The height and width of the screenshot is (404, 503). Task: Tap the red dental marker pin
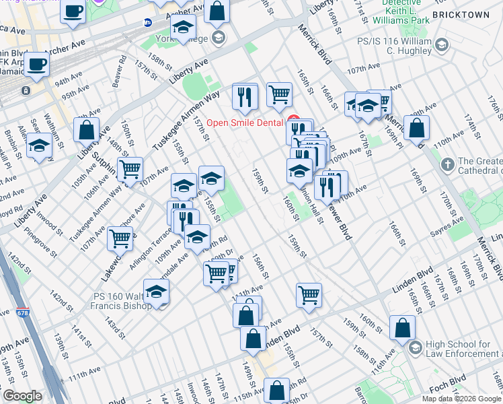tap(293, 121)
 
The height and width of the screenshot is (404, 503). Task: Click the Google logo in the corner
tap(22, 396)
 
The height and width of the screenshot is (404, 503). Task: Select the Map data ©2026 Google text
tap(461, 398)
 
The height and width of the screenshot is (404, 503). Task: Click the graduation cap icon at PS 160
tap(156, 292)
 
